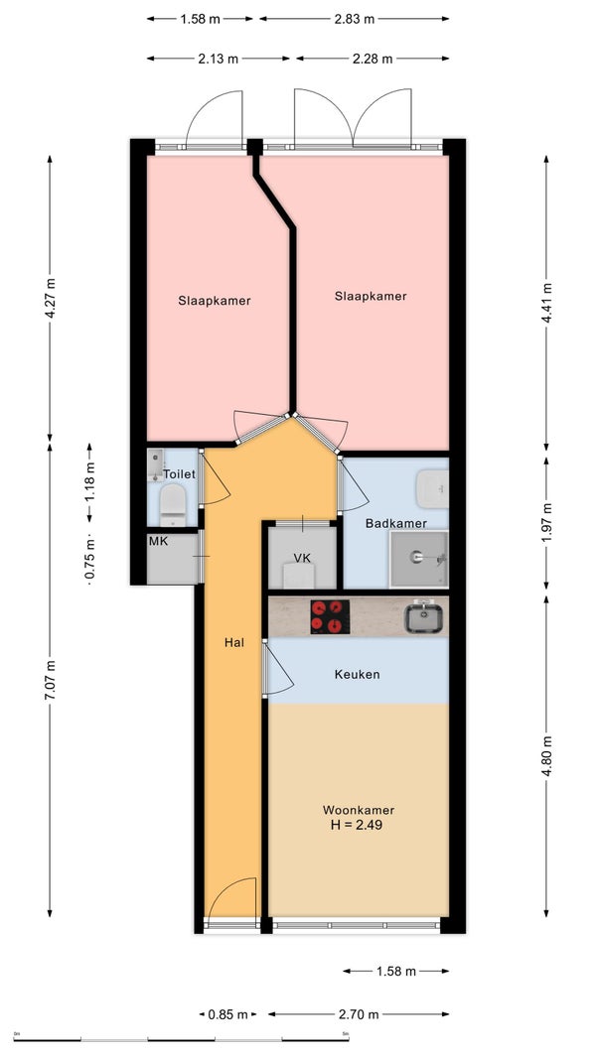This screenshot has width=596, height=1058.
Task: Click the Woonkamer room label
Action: (x=358, y=810)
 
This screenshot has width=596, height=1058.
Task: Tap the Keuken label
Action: (x=357, y=674)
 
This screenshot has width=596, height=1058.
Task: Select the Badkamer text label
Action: (x=396, y=523)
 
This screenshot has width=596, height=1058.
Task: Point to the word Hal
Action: (x=234, y=643)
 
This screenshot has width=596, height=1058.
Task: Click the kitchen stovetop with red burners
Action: (x=330, y=616)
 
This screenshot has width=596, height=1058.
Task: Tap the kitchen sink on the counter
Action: (x=423, y=617)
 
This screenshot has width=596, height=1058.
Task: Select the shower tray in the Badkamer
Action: (x=418, y=559)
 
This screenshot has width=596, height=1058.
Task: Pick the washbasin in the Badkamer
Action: (x=432, y=487)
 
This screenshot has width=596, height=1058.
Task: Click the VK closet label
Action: (x=301, y=558)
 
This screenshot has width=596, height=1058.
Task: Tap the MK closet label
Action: (x=158, y=541)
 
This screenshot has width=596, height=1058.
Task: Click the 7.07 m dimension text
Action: (x=50, y=680)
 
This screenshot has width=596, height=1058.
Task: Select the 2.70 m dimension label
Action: (x=359, y=1014)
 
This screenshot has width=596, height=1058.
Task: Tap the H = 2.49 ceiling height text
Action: (x=358, y=824)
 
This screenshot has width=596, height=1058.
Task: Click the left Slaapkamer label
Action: (x=215, y=301)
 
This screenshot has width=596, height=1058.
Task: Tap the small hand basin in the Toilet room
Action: (x=155, y=463)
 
